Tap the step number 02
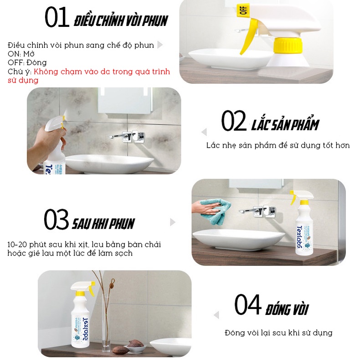(x=234, y=122)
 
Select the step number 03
(x=56, y=220)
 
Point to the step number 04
(x=247, y=306)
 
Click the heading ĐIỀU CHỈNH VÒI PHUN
(x=121, y=21)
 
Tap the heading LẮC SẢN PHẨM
(x=285, y=124)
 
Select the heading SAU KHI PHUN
(x=103, y=223)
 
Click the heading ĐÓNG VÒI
(x=287, y=309)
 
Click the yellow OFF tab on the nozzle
(x=242, y=10)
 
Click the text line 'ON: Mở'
(x=21, y=54)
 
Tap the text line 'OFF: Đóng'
(x=27, y=62)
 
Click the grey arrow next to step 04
(x=216, y=315)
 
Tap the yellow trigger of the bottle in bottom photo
(x=91, y=289)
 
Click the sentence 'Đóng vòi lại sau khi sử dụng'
(x=278, y=333)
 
